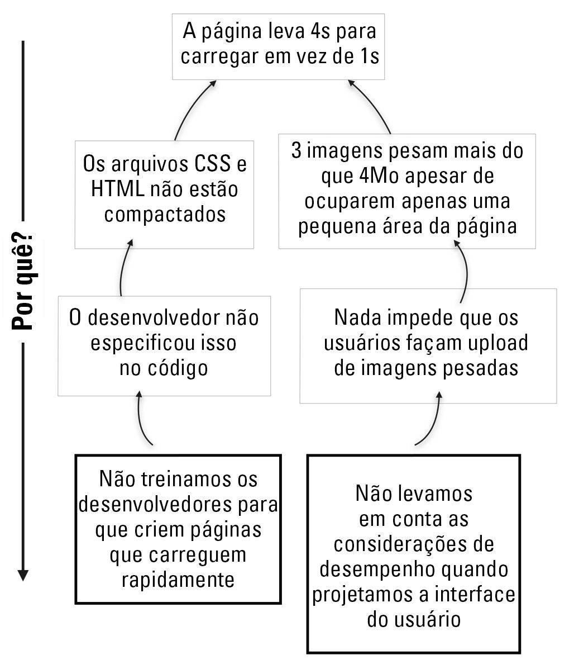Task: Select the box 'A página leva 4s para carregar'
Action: coord(278,46)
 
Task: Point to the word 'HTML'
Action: coord(118,189)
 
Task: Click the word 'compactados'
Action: coord(165,214)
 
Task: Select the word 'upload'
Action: coord(498,343)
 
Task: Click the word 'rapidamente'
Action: coord(178,580)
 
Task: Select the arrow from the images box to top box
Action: coord(371,105)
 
